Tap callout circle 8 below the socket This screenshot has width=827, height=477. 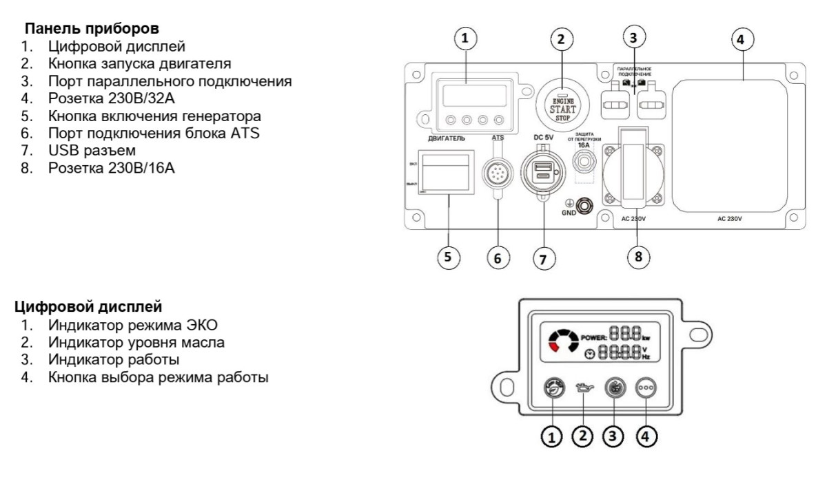coord(637,256)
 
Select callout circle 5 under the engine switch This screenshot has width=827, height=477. coord(449,257)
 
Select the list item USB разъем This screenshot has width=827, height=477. coord(92,150)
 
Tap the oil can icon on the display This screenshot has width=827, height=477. coord(583,389)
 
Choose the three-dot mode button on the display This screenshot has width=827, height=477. coord(645,388)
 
